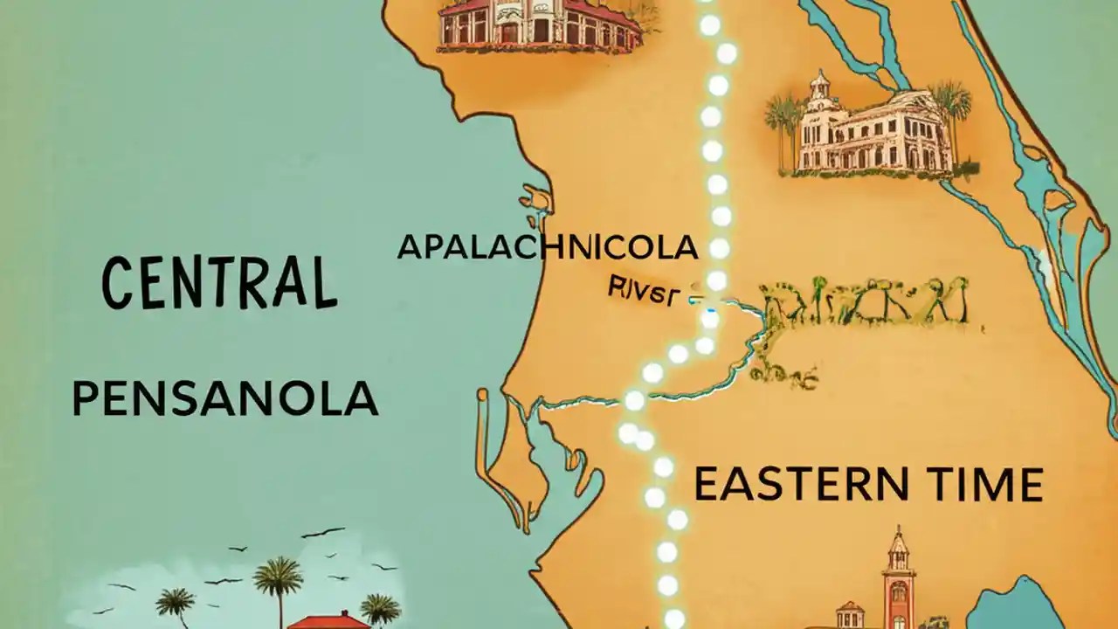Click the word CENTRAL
point(218,281)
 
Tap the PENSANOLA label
point(224,399)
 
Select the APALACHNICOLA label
point(548,247)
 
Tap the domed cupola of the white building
point(818,86)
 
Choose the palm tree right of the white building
point(951,109)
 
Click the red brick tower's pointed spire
point(897,542)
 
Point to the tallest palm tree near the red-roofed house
point(278,581)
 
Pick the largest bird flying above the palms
point(323,531)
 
